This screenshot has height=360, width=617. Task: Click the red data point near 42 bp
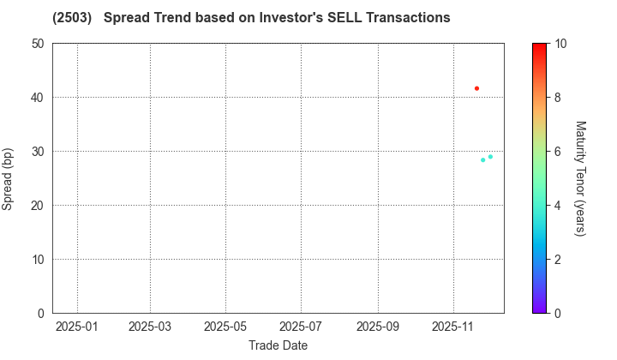(x=477, y=88)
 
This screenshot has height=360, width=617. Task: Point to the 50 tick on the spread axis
(x=38, y=44)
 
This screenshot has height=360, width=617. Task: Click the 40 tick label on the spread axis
(x=38, y=98)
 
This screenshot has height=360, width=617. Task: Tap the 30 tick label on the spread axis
(x=38, y=152)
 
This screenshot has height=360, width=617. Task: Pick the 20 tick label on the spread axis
(x=38, y=206)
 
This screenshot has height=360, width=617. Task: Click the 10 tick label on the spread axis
(x=38, y=260)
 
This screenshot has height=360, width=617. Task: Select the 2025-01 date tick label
(x=77, y=327)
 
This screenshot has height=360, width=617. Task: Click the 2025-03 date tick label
(x=150, y=327)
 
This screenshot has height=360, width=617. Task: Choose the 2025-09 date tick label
(x=378, y=327)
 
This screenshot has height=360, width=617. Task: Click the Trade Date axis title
(x=278, y=345)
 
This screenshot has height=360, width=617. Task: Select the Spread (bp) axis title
(x=11, y=178)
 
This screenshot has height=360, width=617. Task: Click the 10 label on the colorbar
(x=559, y=44)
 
